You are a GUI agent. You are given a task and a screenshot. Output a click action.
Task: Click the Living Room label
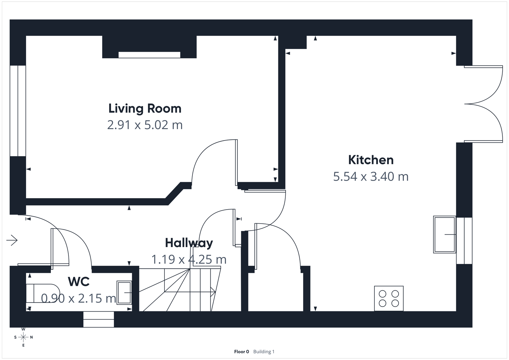[145, 109]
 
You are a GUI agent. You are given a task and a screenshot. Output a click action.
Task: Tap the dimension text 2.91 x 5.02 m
[145, 125]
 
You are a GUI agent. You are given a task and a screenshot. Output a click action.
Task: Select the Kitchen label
[371, 160]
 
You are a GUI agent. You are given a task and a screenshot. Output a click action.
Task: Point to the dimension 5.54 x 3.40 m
[371, 177]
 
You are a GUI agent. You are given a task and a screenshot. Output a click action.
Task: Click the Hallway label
[189, 243]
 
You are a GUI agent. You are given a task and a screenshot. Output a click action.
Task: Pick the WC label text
[79, 282]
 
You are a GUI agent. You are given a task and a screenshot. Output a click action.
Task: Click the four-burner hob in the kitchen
[389, 298]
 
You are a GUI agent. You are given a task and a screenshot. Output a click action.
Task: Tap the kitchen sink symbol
[444, 235]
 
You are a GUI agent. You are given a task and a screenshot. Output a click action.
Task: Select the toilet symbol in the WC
[43, 293]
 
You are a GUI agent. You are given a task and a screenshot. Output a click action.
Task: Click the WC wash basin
[124, 292]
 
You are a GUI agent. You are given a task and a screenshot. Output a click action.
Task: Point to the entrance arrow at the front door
[12, 240]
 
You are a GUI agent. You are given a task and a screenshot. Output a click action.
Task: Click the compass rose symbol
[23, 337]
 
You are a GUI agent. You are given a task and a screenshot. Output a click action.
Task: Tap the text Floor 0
[241, 352]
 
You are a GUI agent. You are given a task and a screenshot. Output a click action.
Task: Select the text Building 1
[264, 352]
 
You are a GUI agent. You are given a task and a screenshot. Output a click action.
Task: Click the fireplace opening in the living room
[149, 55]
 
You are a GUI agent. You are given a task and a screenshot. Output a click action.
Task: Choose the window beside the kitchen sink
[464, 241]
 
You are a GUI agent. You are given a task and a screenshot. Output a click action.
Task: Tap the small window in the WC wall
[99, 319]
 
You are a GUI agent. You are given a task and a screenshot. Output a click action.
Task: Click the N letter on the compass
[31, 337]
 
